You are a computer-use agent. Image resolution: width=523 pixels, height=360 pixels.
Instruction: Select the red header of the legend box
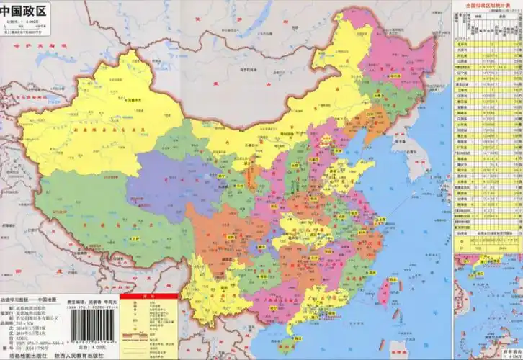tap(147, 297)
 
